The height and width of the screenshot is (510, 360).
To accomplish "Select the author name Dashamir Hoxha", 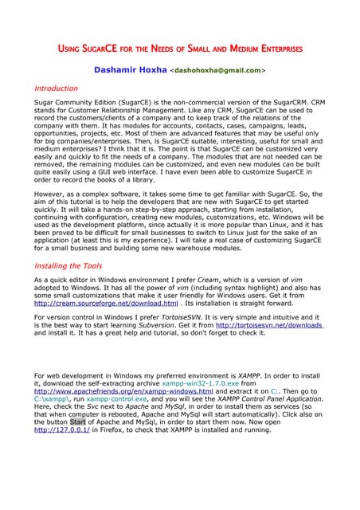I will [x=131, y=70].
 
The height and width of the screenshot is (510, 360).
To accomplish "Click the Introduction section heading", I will [x=56, y=88].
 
